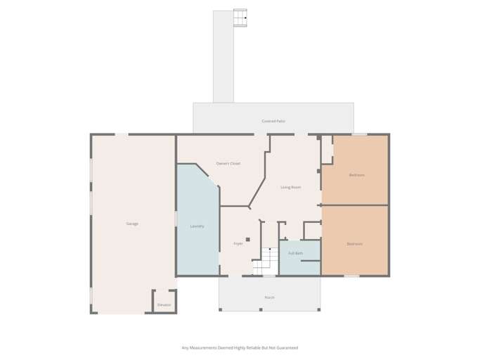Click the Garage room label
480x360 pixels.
[x=132, y=224]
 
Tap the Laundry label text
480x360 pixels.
[x=197, y=226]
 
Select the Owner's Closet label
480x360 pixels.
[x=228, y=163]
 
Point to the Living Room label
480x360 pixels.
[x=290, y=187]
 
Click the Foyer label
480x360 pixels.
[x=238, y=243]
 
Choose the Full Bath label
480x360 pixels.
[x=295, y=253]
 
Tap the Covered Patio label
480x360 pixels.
[x=273, y=121]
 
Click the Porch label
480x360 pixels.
[x=269, y=297]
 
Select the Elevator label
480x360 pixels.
[x=164, y=304]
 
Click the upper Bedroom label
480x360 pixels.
[x=356, y=174]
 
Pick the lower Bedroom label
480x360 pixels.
[x=354, y=244]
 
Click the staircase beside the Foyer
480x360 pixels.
[x=266, y=262]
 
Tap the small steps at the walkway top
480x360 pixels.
[x=240, y=18]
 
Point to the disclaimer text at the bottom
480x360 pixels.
[x=240, y=347]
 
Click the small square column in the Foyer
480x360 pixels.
[x=248, y=240]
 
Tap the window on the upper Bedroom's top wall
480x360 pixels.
[x=359, y=134]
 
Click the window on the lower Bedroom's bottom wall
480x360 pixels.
[x=351, y=276]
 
